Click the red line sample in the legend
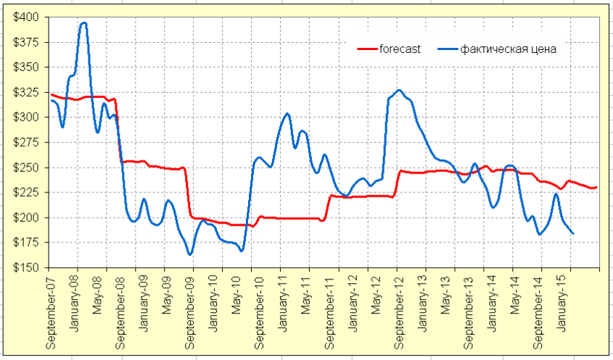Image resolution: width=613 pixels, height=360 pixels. [368, 49]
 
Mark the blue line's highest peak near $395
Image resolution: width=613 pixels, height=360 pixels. [84, 22]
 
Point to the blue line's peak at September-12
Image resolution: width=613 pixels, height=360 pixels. [399, 90]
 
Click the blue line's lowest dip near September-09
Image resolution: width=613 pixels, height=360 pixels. [190, 255]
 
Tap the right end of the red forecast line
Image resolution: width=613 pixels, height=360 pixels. [596, 188]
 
